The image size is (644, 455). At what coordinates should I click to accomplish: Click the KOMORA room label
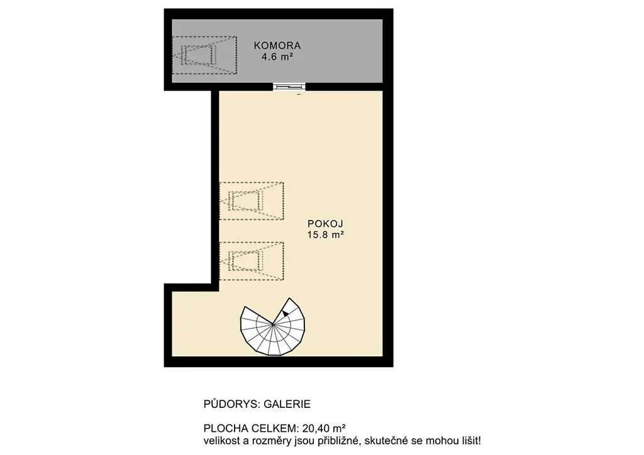pyautogui.click(x=277, y=45)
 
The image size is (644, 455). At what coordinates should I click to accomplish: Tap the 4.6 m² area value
pyautogui.click(x=277, y=57)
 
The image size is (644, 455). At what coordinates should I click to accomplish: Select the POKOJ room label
pyautogui.click(x=325, y=224)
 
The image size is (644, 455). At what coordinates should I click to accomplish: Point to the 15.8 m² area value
pyautogui.click(x=325, y=234)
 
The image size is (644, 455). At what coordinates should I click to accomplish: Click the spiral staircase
pyautogui.click(x=273, y=327)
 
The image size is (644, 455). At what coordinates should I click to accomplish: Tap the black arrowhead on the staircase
pyautogui.click(x=286, y=314)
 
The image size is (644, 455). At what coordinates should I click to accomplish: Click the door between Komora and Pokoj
pyautogui.click(x=289, y=87)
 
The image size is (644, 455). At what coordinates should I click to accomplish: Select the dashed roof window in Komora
pyautogui.click(x=204, y=55)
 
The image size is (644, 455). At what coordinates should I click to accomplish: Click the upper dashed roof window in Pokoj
pyautogui.click(x=252, y=201)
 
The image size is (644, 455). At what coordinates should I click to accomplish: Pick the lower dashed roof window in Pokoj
pyautogui.click(x=252, y=261)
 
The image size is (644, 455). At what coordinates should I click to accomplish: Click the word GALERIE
pyautogui.click(x=287, y=404)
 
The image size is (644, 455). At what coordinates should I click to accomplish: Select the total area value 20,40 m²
pyautogui.click(x=324, y=429)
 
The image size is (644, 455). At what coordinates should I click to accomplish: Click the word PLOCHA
pyautogui.click(x=223, y=429)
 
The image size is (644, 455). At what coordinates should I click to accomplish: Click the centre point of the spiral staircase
pyautogui.click(x=273, y=324)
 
